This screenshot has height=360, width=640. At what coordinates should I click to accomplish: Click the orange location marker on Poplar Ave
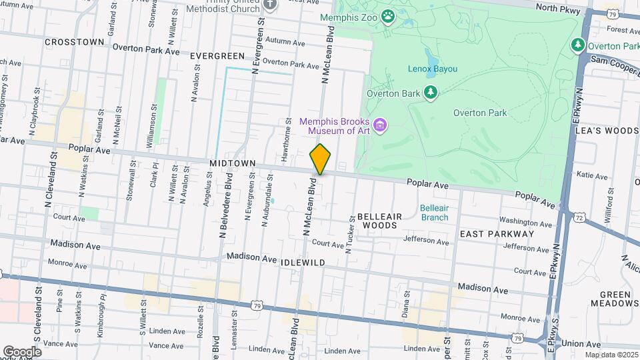point(321,159)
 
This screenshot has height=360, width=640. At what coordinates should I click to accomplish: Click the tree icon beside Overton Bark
point(431,93)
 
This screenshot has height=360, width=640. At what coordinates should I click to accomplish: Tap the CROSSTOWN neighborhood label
point(75,42)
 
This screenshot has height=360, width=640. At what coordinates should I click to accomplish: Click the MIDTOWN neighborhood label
point(233,163)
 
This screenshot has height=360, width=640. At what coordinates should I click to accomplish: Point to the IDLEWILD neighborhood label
point(303,263)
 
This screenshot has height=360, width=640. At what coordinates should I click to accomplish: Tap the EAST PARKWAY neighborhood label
point(497,234)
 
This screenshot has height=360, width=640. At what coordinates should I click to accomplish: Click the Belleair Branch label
point(434,213)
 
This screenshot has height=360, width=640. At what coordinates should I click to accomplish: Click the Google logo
point(22,351)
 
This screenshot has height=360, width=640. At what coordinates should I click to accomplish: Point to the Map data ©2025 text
point(610,355)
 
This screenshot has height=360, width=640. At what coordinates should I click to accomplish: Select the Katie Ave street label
point(593,177)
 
